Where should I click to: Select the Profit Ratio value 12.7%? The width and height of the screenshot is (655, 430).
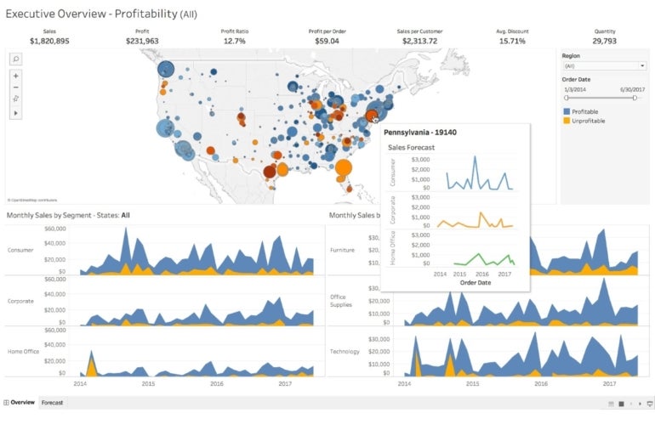click(234, 41)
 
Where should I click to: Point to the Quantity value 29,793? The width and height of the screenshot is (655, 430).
click(605, 41)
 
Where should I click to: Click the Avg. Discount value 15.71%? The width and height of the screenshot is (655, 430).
click(511, 41)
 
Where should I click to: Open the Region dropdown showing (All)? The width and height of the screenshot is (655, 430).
click(604, 65)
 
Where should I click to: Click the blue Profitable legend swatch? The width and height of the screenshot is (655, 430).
click(567, 111)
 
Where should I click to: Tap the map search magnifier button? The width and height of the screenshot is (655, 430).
click(16, 59)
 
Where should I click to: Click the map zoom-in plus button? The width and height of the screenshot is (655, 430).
click(16, 76)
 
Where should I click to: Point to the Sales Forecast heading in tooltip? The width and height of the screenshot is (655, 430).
click(411, 147)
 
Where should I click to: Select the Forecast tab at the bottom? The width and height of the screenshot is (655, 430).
click(52, 403)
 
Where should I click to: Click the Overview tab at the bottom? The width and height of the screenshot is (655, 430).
click(22, 403)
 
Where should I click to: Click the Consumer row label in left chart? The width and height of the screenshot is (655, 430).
click(20, 251)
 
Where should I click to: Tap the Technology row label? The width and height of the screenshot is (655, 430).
click(345, 352)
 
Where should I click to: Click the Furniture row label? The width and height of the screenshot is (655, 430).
click(342, 251)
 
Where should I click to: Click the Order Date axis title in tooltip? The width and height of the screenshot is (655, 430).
click(476, 283)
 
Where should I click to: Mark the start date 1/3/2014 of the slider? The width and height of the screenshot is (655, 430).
click(574, 88)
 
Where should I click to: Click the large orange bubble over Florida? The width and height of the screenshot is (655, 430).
click(343, 167)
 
